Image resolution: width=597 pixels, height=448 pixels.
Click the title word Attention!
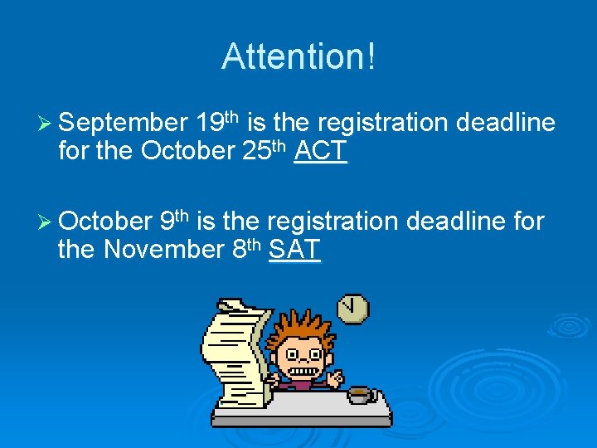[298, 56]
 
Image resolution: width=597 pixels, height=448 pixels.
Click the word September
[124, 124]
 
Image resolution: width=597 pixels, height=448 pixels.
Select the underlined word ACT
[320, 152]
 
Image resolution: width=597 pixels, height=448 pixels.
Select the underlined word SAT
[294, 250]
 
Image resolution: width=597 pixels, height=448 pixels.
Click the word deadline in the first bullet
[506, 124]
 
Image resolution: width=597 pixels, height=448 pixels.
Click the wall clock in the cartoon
[353, 309]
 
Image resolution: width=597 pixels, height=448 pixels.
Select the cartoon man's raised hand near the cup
[335, 378]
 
